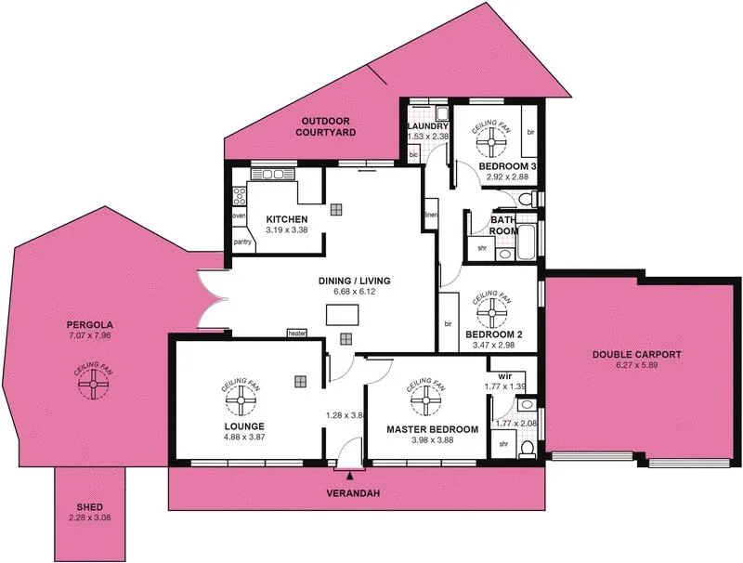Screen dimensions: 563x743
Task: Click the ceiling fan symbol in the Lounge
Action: [x=239, y=401]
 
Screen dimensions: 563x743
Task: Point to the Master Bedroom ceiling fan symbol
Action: [x=426, y=400]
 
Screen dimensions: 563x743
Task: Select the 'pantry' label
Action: [x=242, y=242]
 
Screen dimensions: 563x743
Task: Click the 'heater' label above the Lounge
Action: [x=297, y=334]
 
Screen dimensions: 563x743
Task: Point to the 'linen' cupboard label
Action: [x=431, y=216]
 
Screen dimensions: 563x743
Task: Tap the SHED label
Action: [x=90, y=507]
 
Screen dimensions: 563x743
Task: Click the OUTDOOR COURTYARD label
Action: [x=326, y=127]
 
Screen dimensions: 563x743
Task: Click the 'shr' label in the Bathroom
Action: [x=483, y=248]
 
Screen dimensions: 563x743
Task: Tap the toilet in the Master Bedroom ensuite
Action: [x=526, y=449]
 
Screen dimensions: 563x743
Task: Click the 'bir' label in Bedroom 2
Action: [x=448, y=324]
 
